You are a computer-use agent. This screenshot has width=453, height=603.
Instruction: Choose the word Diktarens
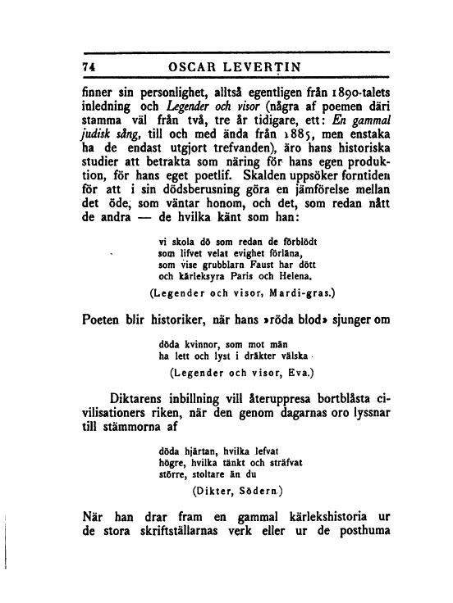coord(143,400)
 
